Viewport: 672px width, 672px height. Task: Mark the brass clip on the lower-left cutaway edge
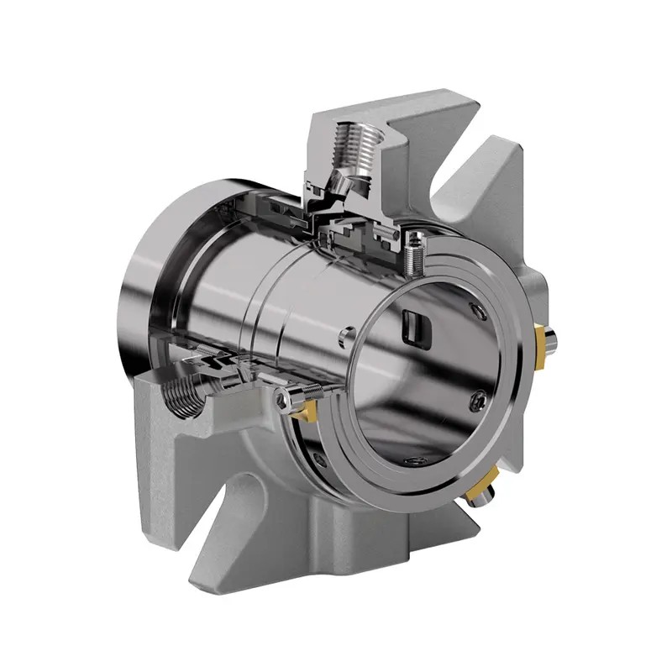coord(299,408)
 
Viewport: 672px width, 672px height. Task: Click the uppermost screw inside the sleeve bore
coord(479,313)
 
